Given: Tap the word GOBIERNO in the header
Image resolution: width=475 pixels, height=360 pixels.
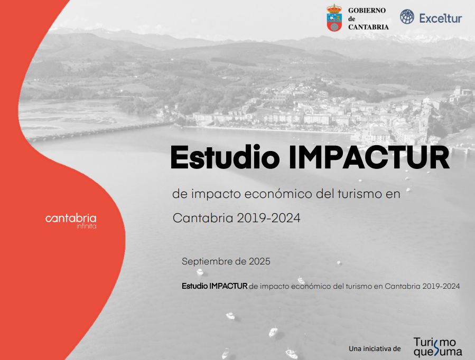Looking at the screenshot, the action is point(367,10).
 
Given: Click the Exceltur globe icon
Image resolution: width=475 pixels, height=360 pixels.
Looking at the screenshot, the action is point(407,17).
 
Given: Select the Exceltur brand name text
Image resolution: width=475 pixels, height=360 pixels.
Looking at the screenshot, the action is point(441,18).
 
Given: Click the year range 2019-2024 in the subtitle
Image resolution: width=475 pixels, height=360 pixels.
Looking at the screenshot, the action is point(269,218).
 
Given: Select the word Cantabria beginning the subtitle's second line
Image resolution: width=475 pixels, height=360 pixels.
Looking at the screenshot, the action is point(203,218).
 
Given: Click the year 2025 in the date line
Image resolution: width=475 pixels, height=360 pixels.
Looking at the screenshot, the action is point(259,261).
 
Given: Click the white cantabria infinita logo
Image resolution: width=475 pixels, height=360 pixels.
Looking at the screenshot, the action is point(71,221).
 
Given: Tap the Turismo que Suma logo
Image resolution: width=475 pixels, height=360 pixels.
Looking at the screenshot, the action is point(437,347).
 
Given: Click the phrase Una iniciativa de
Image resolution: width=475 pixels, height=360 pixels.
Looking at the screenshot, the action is point(375,349).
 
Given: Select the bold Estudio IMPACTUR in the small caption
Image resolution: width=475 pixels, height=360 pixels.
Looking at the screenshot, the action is point(215,286).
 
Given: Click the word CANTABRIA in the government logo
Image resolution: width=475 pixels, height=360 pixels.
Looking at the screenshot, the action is point(368,27).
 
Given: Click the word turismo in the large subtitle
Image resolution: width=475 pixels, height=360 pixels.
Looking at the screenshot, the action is point(360,194).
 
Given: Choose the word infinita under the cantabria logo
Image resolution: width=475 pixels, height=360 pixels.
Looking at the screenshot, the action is point(87,226).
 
